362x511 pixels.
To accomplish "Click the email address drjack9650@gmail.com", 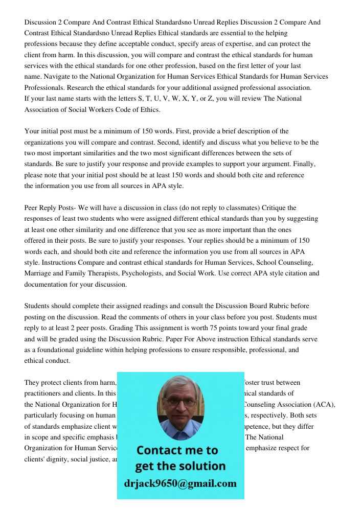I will (180, 483).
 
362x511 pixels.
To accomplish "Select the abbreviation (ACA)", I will (322, 405).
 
